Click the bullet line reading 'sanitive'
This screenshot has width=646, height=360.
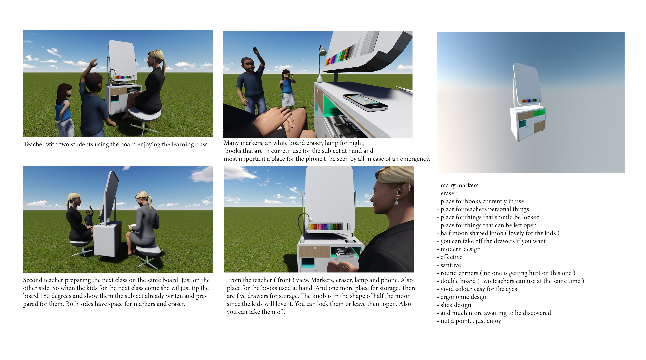(x=449, y=265)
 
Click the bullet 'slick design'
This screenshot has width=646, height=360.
(x=454, y=305)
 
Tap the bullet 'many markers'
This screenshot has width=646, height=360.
(x=458, y=185)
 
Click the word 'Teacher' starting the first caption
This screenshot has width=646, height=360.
(x=34, y=145)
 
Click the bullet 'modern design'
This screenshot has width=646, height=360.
(x=459, y=249)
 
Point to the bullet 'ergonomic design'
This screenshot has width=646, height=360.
(x=462, y=297)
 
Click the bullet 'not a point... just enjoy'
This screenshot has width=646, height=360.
(x=469, y=321)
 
